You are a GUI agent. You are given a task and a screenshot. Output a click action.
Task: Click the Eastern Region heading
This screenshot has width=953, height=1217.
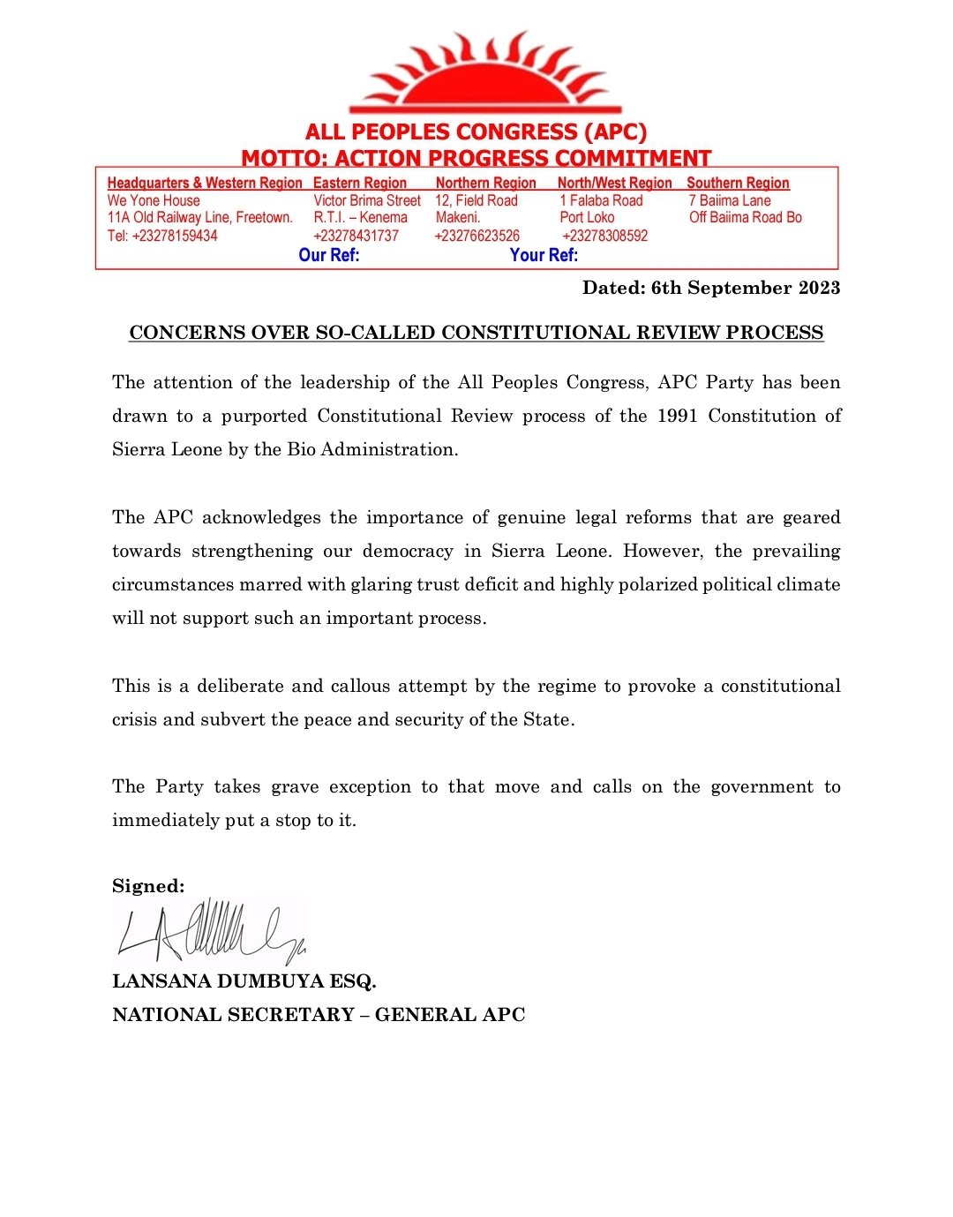(360, 183)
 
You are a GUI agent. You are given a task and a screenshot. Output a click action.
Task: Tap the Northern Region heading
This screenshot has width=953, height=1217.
(485, 183)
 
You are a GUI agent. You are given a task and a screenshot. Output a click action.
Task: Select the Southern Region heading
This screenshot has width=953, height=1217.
(738, 183)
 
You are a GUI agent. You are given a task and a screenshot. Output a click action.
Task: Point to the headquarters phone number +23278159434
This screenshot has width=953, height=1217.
(162, 236)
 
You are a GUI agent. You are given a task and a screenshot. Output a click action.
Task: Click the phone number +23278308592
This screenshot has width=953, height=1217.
(604, 236)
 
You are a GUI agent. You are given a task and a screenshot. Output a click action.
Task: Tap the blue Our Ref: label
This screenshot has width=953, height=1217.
(329, 255)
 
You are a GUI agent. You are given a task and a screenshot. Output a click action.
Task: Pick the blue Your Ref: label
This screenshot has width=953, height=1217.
(544, 255)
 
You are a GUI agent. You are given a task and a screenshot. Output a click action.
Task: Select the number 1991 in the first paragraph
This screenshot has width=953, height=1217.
(677, 416)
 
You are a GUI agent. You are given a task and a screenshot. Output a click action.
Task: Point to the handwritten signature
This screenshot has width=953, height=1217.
(210, 932)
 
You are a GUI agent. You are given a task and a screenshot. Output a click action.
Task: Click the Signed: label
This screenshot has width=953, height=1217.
(148, 886)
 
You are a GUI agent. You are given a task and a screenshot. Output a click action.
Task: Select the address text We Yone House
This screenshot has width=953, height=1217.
(154, 200)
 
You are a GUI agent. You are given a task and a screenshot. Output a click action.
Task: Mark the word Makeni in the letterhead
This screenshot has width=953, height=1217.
(457, 217)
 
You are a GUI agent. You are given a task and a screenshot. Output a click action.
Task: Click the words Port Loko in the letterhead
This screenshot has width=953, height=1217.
(587, 217)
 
